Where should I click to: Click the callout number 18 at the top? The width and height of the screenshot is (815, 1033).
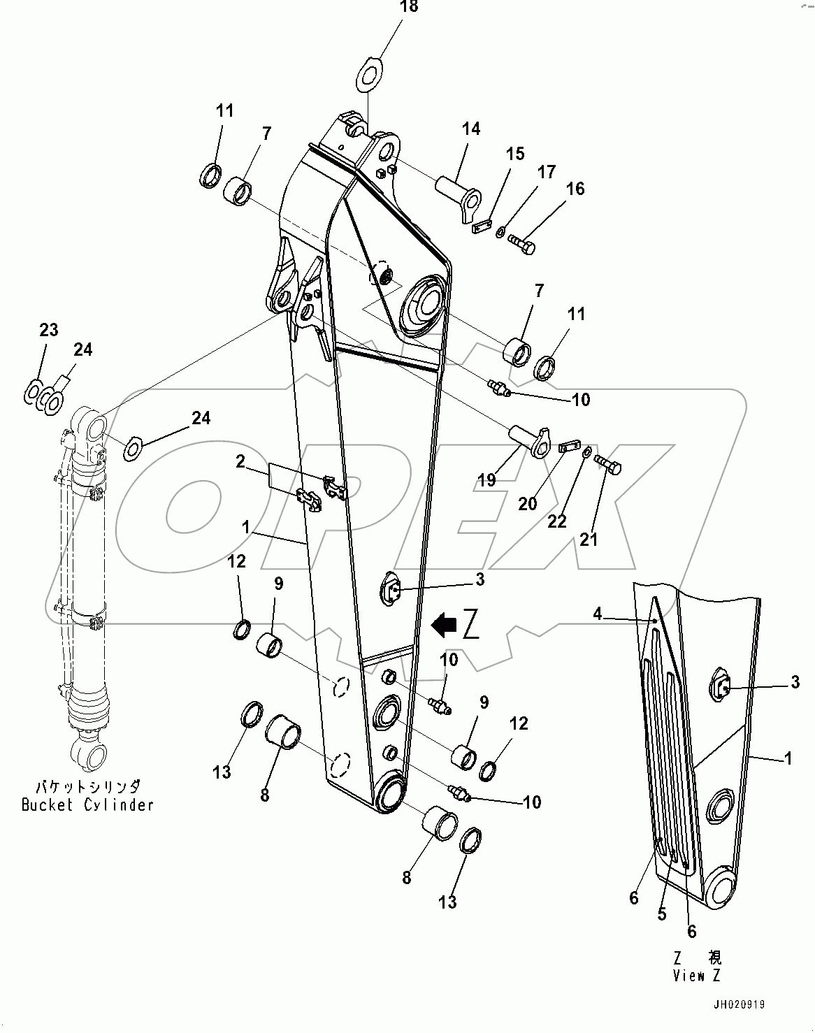coord(409,7)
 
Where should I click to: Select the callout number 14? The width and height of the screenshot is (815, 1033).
coord(470,129)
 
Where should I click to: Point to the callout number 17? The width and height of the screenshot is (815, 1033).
coord(546,171)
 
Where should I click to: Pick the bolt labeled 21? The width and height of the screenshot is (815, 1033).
coord(608,463)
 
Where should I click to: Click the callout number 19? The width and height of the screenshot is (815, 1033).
coord(486,479)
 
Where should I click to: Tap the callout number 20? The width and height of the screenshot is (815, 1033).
coord(528,503)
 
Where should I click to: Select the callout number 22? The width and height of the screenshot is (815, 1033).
coord(556,521)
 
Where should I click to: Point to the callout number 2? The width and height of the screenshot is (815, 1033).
coord(240,461)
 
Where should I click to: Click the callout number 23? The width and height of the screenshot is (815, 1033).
coord(48,329)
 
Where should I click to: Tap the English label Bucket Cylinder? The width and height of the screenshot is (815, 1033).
coord(87,804)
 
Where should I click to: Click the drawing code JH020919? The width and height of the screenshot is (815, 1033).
coord(740,1005)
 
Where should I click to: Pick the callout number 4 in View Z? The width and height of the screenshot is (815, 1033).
coord(597,614)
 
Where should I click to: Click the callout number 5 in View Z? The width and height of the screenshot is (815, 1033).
coord(661,914)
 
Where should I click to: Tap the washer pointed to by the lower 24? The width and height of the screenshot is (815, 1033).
coord(133,447)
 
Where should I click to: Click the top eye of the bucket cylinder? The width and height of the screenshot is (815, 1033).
coord(90,426)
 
